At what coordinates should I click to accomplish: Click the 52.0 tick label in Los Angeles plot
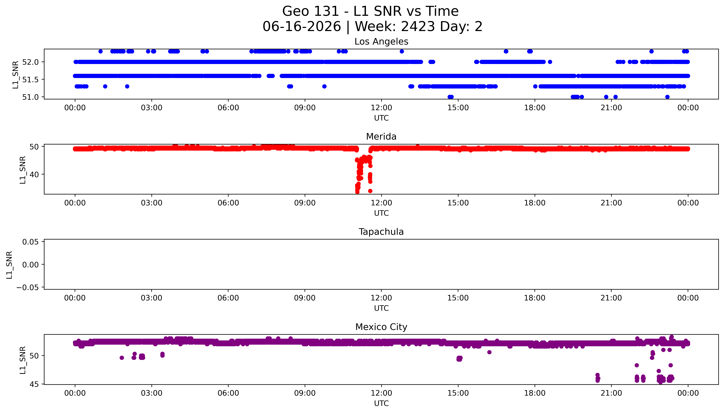[30, 62]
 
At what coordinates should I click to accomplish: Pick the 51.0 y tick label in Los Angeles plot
[30, 97]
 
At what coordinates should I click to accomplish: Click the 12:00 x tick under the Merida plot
[381, 203]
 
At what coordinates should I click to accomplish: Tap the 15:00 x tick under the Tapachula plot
[458, 298]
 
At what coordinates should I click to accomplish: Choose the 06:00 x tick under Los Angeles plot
[228, 108]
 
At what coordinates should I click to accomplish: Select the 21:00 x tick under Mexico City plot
[611, 393]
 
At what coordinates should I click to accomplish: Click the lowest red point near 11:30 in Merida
[370, 191]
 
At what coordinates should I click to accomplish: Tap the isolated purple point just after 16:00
[489, 352]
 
